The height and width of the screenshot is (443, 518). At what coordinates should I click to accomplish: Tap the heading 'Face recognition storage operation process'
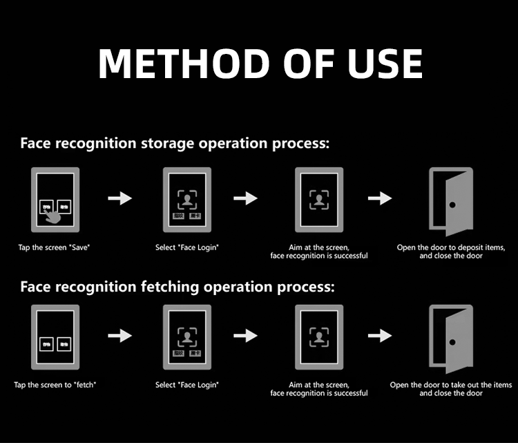[175, 144]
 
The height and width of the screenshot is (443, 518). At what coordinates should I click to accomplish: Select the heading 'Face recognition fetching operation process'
[178, 286]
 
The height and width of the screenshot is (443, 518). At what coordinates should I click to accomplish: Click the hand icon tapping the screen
[52, 215]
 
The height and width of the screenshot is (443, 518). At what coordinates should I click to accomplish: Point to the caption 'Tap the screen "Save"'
[54, 247]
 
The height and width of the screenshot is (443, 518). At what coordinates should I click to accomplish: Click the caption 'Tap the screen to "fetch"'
[55, 385]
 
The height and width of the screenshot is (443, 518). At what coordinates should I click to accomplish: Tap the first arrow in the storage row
[120, 198]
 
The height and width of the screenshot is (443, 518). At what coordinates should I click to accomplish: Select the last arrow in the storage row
[379, 198]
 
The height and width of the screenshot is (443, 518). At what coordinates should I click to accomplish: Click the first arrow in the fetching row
[120, 336]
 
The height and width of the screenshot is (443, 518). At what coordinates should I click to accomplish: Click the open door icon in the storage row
[451, 200]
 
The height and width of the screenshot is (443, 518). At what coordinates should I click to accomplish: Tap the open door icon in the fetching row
[451, 337]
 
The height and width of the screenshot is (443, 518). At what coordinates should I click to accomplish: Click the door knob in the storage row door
[452, 205]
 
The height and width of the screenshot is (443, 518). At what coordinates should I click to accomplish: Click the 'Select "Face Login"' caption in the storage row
[187, 247]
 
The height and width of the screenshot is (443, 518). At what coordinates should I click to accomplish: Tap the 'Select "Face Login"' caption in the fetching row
[187, 385]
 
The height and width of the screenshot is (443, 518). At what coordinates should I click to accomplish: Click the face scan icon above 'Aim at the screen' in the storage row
[318, 200]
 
